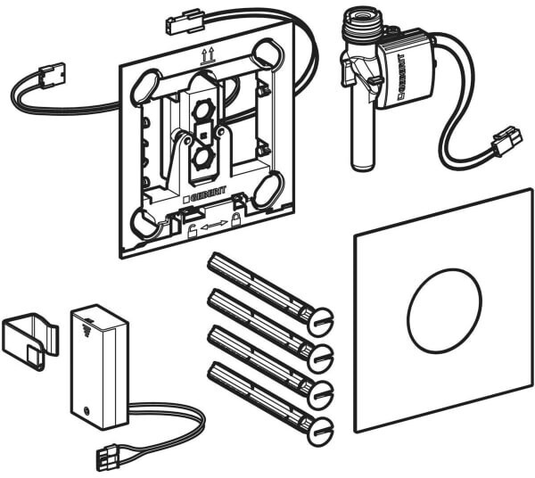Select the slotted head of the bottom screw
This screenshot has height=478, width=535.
[x=320, y=431]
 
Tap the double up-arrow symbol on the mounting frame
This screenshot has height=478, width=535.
[x=209, y=56]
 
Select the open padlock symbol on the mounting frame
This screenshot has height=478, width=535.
[x=193, y=231]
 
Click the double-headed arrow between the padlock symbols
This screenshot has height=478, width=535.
[x=214, y=226]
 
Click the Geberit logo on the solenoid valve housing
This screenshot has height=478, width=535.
[x=399, y=75]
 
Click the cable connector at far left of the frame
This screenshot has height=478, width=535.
[x=51, y=73]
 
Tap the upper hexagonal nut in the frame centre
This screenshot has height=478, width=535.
[x=202, y=111]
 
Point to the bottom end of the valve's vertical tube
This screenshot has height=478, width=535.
[x=362, y=167]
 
